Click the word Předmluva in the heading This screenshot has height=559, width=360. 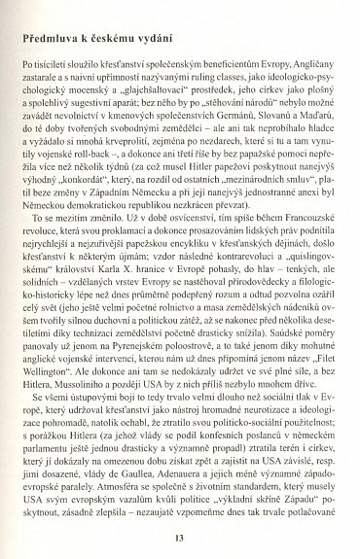coord(55,38)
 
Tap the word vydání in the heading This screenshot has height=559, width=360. coord(191,38)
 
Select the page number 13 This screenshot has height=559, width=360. coord(181,541)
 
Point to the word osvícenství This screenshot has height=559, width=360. coord(151,227)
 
